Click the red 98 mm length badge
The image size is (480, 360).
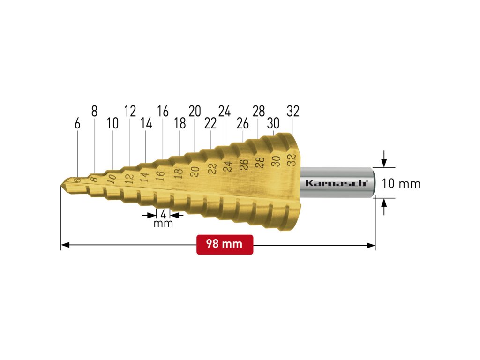225,244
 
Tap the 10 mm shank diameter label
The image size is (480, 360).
401,184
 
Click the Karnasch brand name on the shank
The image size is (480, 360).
336,183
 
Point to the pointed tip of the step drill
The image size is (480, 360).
60,185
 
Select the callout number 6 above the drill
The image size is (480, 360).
77,124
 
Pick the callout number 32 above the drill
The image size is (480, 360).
293,111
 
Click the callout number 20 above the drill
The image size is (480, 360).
195,111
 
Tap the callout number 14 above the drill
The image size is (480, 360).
146,123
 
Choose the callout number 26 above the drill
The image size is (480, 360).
243,123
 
